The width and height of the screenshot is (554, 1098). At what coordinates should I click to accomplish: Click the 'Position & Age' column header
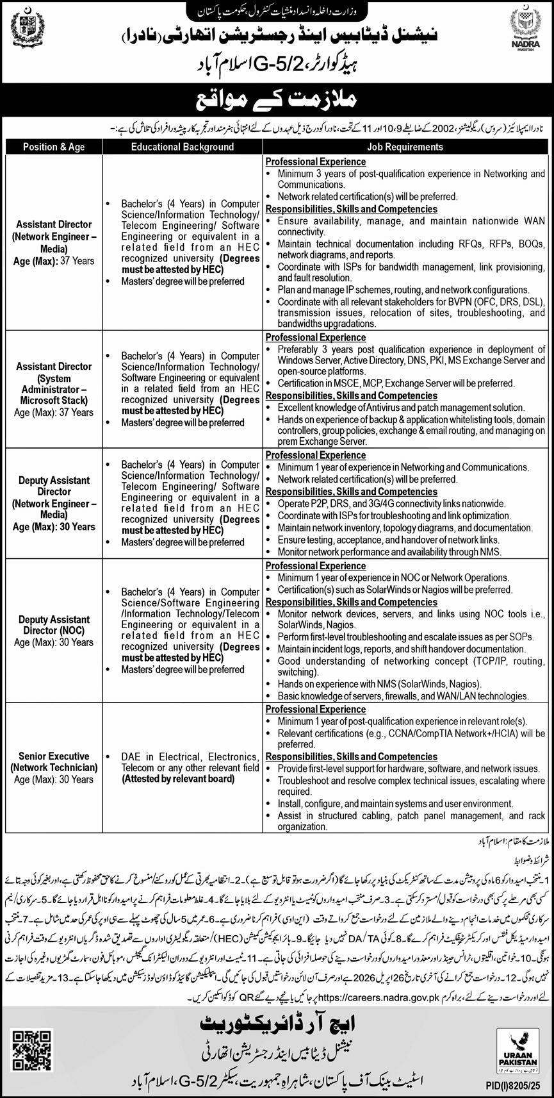[x=54, y=147]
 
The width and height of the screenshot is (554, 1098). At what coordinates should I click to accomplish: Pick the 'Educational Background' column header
[x=183, y=147]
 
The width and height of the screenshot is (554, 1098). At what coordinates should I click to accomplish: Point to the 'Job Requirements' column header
[x=404, y=147]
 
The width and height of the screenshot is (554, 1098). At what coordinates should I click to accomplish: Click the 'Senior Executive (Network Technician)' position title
[x=54, y=762]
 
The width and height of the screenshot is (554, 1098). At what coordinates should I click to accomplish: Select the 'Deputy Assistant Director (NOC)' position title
[x=54, y=625]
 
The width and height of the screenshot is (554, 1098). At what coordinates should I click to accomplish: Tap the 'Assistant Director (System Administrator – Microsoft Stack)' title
[x=54, y=383]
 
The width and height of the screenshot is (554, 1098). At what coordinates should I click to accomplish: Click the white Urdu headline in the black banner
[x=277, y=101]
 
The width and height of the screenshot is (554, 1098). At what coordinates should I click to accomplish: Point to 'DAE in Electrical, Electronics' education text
[x=190, y=756]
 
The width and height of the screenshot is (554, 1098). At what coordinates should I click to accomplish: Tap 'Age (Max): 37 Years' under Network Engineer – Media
[x=54, y=261]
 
